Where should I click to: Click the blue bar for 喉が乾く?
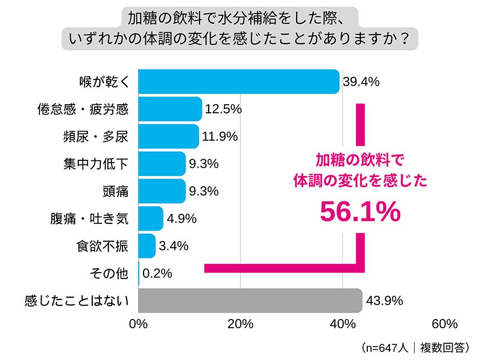(x=239, y=82)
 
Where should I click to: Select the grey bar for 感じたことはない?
(x=250, y=301)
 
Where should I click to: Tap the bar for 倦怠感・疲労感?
(x=170, y=109)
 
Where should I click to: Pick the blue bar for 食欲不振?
(x=147, y=246)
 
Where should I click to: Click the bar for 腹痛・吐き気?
(x=150, y=219)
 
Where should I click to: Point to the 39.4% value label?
(x=361, y=82)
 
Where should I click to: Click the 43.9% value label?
(x=383, y=301)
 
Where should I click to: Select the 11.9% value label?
(x=220, y=137)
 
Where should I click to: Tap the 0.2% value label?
(x=157, y=274)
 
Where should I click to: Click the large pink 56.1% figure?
(x=360, y=212)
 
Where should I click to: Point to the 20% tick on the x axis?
(x=241, y=324)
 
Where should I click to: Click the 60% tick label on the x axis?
(x=444, y=324)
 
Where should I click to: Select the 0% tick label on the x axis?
(x=139, y=324)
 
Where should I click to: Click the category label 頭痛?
(x=115, y=192)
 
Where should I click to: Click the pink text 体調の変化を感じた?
(x=360, y=181)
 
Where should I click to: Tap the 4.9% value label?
(x=181, y=219)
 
